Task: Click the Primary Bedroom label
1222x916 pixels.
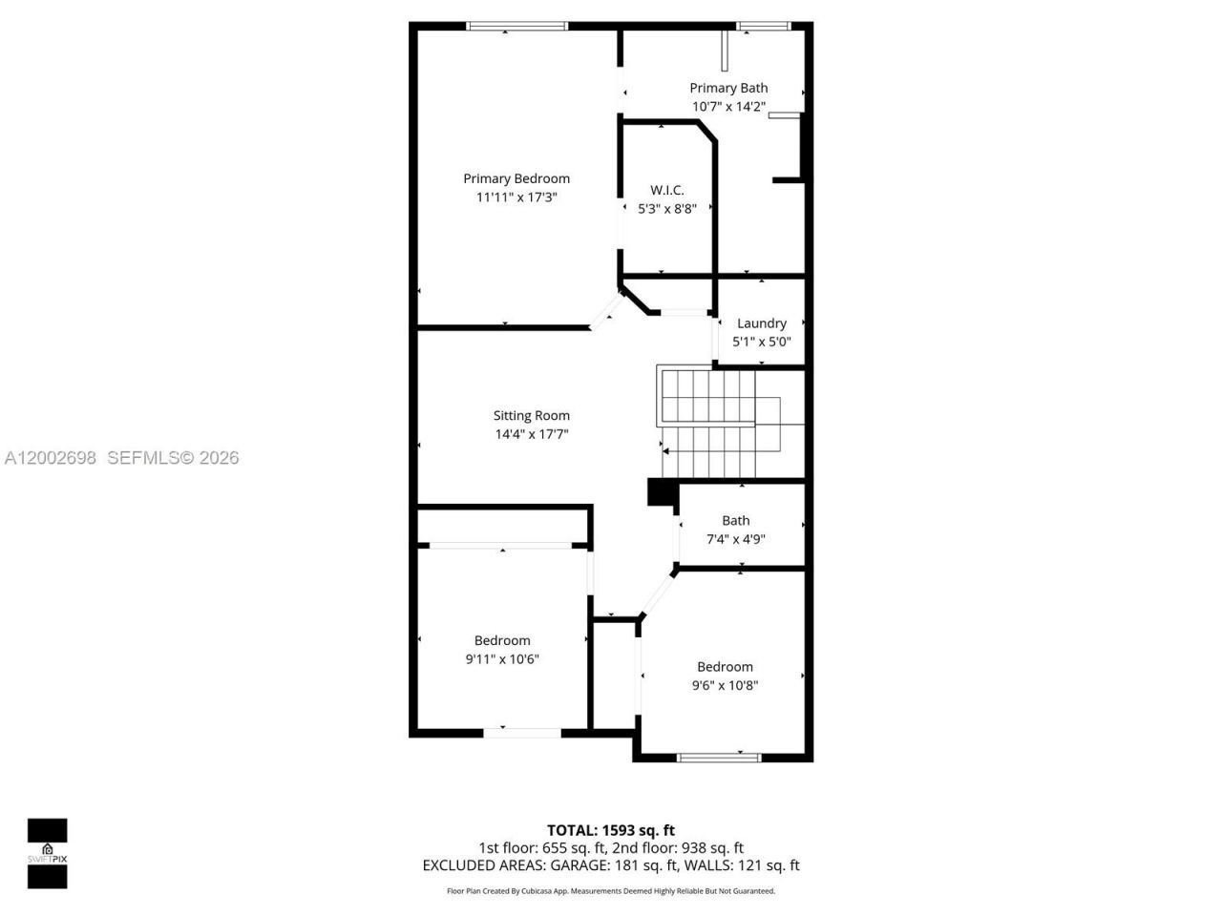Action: [x=516, y=178]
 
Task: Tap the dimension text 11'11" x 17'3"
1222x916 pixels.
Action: [x=516, y=198]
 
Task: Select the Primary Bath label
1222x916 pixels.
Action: [x=728, y=88]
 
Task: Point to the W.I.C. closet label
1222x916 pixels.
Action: [x=666, y=190]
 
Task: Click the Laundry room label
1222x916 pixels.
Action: [x=761, y=323]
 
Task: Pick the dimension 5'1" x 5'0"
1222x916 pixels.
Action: [x=761, y=342]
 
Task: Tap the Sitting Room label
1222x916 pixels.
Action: [x=531, y=416]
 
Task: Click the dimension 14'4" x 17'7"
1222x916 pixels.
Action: [x=531, y=434]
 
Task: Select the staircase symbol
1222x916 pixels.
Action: [x=721, y=422]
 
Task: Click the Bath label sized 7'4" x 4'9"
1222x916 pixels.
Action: [x=735, y=521]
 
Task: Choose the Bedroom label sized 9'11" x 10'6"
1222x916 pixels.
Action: [x=502, y=641]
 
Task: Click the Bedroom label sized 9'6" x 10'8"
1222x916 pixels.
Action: [x=725, y=667]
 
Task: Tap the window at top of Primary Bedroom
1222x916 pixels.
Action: [x=516, y=27]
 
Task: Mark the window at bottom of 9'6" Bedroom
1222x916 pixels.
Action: [x=718, y=758]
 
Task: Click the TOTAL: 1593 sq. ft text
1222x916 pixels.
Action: [x=610, y=830]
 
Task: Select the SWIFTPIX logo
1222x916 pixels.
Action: [x=47, y=853]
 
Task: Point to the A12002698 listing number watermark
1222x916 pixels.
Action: [x=50, y=458]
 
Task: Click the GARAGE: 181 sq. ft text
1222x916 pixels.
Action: [x=618, y=865]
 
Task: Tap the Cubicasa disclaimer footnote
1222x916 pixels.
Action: [x=610, y=891]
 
